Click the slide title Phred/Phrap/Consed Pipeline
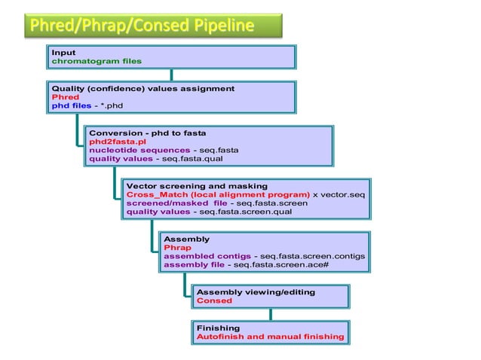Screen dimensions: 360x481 142,27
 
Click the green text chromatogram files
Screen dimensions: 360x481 97,61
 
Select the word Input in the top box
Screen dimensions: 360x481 63,52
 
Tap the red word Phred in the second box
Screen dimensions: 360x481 65,97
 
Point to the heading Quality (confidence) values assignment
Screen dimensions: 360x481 142,88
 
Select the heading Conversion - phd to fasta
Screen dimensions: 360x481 147,133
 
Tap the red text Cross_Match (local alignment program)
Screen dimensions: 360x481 218,194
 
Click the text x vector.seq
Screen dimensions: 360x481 339,194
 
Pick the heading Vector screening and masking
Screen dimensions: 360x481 197,185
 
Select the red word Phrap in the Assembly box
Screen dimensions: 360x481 177,247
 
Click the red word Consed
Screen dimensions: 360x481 214,301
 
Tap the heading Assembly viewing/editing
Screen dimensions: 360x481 256,291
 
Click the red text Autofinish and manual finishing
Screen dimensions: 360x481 270,337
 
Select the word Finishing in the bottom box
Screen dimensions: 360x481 218,328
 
